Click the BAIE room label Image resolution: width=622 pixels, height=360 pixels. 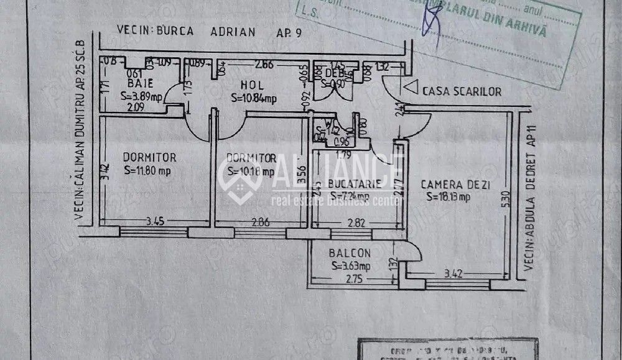tap(136, 82)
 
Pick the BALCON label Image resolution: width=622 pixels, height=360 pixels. tap(350, 253)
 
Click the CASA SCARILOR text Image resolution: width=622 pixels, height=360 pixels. tap(462, 91)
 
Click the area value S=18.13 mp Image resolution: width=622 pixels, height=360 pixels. tap(448, 197)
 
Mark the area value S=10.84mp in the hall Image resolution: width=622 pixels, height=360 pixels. tap(253, 98)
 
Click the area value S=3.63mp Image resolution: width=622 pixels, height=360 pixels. tap(351, 266)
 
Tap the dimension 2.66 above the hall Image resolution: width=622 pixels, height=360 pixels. tap(264, 63)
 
